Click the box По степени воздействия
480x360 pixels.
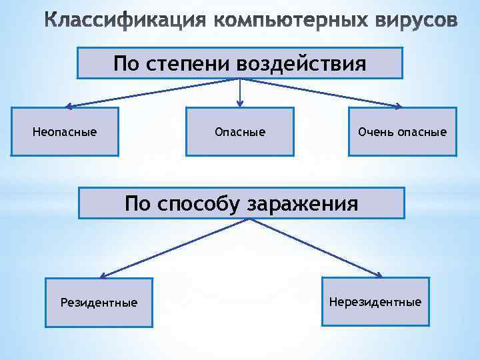click(240, 63)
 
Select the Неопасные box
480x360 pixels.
click(65, 132)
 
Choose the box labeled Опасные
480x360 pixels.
click(239, 132)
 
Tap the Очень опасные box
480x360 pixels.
click(402, 132)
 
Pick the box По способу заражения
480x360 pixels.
click(241, 203)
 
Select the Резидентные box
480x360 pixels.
click(99, 303)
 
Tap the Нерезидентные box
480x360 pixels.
click(375, 302)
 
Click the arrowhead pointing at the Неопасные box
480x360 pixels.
click(69, 105)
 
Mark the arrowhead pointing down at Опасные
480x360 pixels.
click(240, 103)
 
